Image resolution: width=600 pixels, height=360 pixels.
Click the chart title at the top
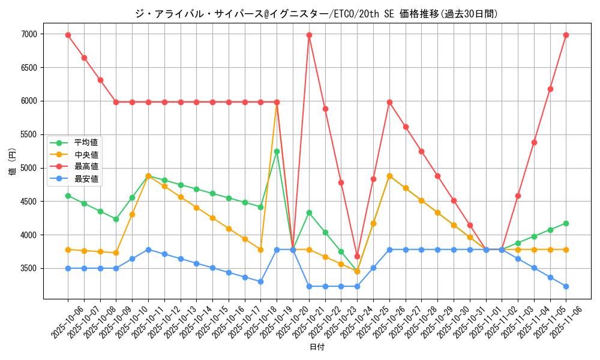click(x=317, y=14)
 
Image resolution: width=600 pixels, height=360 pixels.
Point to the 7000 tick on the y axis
click(x=28, y=35)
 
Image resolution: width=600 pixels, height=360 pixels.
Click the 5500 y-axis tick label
click(x=28, y=135)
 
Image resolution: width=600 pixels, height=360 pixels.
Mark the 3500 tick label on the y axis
click(x=28, y=269)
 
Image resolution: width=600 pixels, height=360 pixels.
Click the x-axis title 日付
click(x=317, y=347)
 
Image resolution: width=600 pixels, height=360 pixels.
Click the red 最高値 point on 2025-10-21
click(x=309, y=35)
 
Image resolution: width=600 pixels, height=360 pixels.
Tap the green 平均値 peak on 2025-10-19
click(x=277, y=151)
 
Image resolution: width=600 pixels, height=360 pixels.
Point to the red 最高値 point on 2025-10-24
click(x=357, y=256)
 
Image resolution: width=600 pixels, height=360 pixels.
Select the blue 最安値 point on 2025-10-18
click(x=260, y=281)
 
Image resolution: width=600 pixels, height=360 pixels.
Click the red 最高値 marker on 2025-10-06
click(x=68, y=35)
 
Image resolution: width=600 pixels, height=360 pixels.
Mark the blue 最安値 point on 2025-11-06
click(x=566, y=286)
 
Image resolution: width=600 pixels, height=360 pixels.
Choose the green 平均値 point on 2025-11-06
click(x=566, y=223)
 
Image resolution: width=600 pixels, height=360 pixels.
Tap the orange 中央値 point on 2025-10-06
click(x=68, y=250)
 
